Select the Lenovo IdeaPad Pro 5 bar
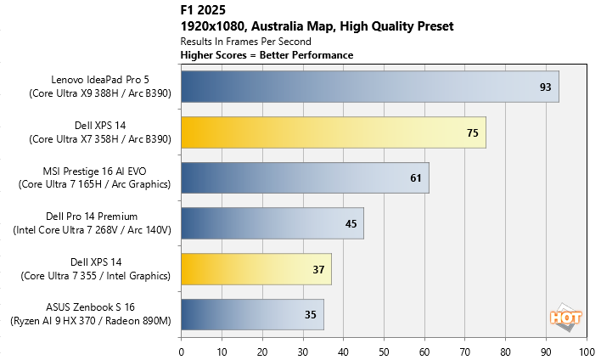(370, 86)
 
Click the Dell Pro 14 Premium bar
(272, 223)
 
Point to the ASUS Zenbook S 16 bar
(252, 315)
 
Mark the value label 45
(351, 224)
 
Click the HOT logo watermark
(565, 318)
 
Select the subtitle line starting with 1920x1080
(317, 26)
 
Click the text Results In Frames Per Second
(245, 41)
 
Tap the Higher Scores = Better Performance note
(267, 55)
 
